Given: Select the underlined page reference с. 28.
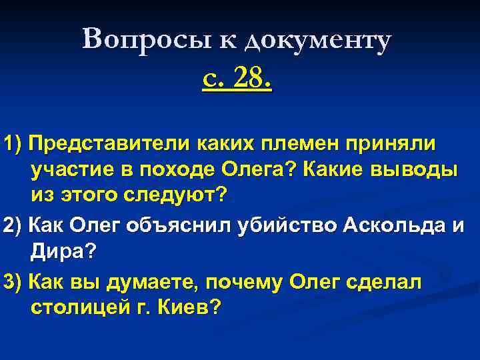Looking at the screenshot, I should coord(237,81).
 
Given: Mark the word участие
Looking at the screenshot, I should coord(73,170).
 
